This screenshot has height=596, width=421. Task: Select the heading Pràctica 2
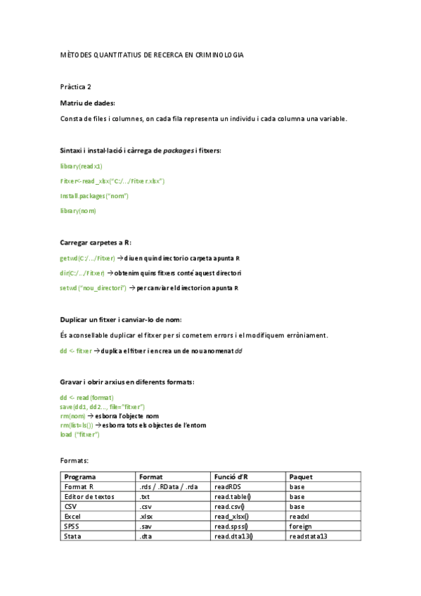pos(76,87)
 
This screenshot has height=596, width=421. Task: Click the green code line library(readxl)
pos(81,166)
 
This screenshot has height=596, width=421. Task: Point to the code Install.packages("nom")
pos(94,195)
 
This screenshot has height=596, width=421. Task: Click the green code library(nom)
pos(78,210)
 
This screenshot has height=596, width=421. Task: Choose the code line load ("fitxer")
pos(80,434)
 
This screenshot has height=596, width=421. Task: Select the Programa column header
pos(80,477)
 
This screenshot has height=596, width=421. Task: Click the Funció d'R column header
pos(231,477)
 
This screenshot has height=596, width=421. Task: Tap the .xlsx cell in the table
pos(146,516)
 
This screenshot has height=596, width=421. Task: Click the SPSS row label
pos(72,526)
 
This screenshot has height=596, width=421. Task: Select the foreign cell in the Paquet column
pos(300,526)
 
